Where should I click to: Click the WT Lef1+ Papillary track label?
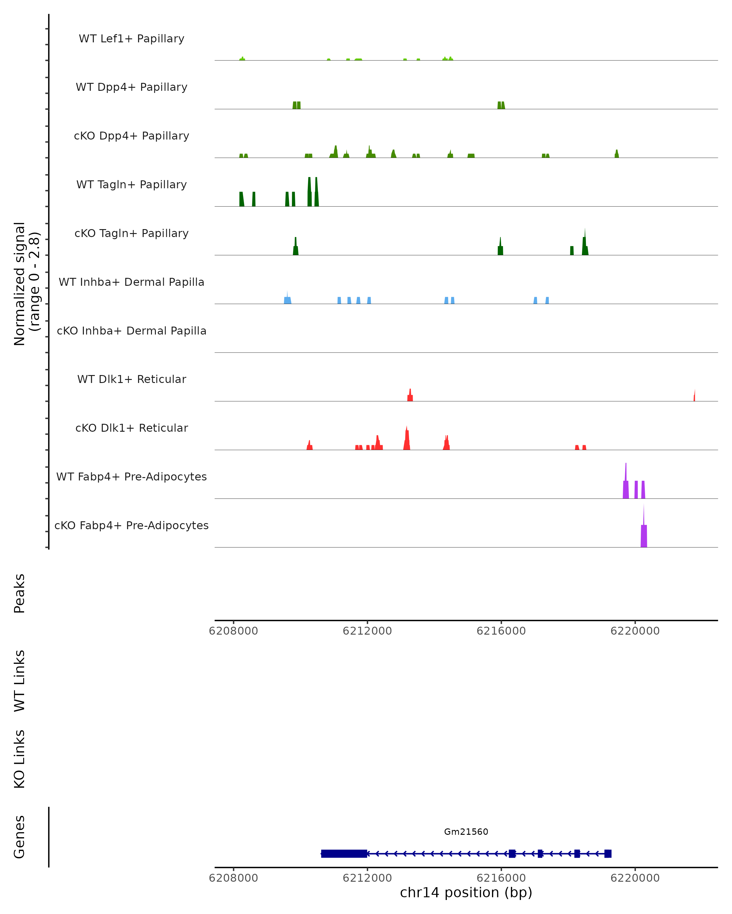click(x=131, y=39)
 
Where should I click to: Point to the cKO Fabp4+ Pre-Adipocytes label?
click(x=131, y=525)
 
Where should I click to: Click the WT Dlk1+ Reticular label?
click(x=131, y=379)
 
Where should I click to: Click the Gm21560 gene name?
click(x=466, y=832)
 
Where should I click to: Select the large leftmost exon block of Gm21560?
click(x=344, y=853)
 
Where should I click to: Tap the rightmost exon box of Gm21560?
click(x=608, y=853)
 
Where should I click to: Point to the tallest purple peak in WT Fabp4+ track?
click(x=626, y=487)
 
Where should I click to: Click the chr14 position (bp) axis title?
click(x=466, y=892)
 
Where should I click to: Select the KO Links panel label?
click(x=20, y=759)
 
